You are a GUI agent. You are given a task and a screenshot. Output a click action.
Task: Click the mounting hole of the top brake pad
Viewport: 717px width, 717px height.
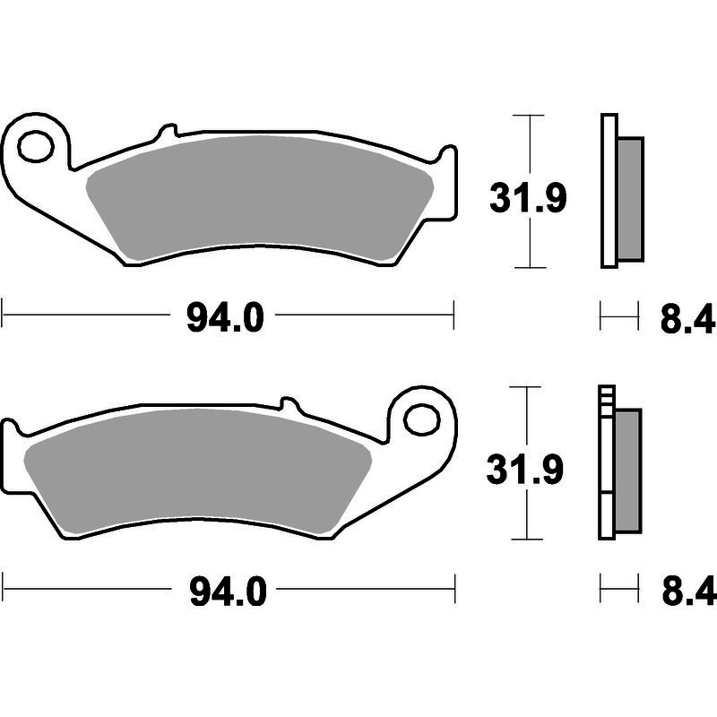click(36, 146)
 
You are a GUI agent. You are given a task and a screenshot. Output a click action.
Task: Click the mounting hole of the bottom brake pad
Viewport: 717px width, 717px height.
click(422, 419)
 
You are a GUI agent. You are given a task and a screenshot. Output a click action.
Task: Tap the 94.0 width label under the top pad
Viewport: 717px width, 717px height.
click(225, 318)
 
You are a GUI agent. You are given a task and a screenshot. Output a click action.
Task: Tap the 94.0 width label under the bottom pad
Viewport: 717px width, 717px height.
click(228, 592)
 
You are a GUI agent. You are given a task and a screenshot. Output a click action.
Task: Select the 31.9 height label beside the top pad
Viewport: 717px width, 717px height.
click(528, 197)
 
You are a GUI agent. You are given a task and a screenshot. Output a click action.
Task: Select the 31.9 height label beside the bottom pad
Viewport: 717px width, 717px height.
click(525, 469)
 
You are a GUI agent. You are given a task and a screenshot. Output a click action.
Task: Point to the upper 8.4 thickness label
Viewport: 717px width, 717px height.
click(687, 318)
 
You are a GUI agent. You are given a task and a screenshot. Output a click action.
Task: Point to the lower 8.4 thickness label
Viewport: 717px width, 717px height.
click(688, 592)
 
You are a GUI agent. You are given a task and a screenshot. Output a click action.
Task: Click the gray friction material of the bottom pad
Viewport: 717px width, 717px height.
click(197, 472)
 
